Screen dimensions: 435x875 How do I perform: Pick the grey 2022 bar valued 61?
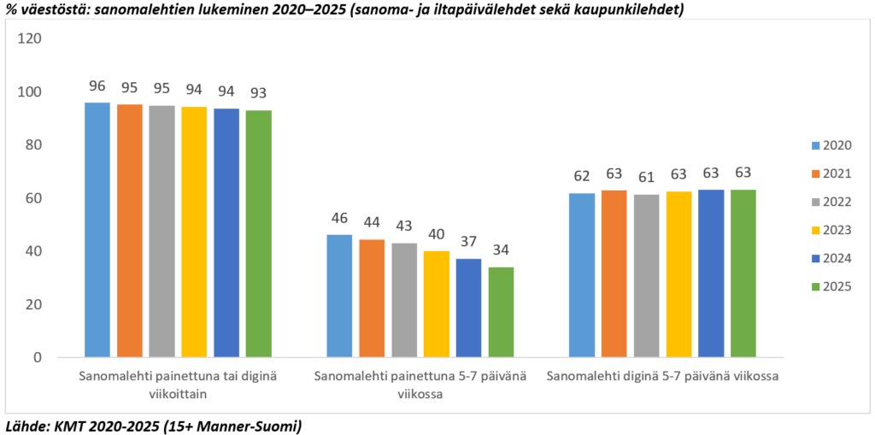tap(647, 275)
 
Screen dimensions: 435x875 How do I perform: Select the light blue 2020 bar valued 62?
tap(583, 274)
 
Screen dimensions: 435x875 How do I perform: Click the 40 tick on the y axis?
tap(33, 251)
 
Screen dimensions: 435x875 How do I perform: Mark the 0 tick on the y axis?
tap(37, 357)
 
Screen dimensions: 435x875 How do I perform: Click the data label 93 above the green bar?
tap(258, 93)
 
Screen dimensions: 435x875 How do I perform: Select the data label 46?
tap(339, 218)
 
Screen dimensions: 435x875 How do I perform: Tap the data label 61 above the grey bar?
tap(647, 178)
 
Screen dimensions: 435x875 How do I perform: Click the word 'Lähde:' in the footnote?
tap(26, 425)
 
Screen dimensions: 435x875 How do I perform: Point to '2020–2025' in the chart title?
tap(285, 9)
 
